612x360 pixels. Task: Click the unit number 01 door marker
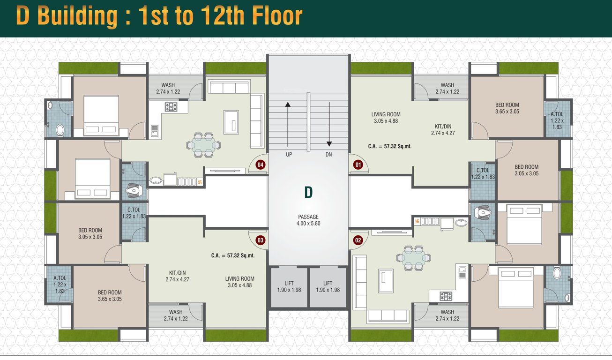pos(358,165)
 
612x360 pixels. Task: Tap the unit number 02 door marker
pos(358,240)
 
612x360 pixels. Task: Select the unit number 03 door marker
pos(260,240)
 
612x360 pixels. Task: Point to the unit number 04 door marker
pos(260,165)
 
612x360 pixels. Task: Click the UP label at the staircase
pos(289,154)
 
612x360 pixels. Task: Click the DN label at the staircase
pos(328,154)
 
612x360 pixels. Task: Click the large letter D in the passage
pos(308,192)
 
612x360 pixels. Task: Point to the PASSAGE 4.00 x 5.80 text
pos(308,220)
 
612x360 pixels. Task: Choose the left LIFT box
pos(289,287)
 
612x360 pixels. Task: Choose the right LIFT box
pos(328,287)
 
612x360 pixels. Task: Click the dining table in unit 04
pos(204,145)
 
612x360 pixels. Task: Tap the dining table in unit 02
pos(413,257)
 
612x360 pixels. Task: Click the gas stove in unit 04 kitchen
pos(170,107)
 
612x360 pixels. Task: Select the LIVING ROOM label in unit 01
pos(386,117)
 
